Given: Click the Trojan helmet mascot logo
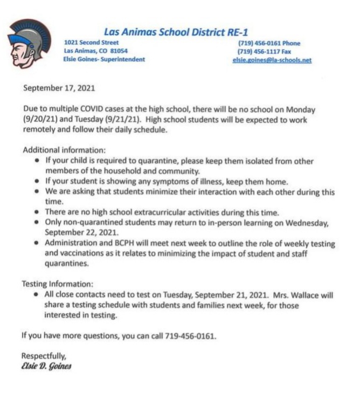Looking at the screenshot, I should [x=30, y=43].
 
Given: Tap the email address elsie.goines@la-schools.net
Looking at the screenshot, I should [x=272, y=60].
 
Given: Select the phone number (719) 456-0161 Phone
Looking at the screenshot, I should [x=268, y=43].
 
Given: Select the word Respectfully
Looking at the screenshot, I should [x=43, y=356].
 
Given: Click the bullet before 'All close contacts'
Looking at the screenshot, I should [x=36, y=295].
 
